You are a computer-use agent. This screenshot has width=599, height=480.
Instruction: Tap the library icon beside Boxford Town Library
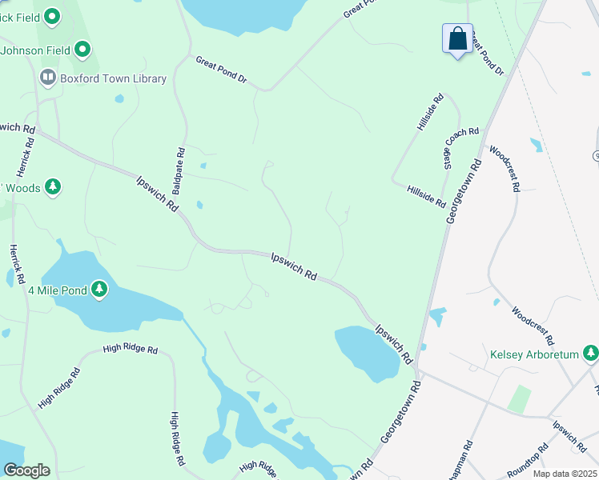(x=47, y=78)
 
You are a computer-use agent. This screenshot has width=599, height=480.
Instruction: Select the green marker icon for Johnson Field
(x=82, y=50)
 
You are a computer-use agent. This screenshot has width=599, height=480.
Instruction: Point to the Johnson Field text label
(x=36, y=50)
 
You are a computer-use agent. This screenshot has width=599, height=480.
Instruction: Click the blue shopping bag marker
(x=457, y=39)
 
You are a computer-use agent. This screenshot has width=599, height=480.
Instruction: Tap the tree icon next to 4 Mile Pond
(x=98, y=289)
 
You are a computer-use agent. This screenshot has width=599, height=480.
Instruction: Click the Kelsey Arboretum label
(x=534, y=354)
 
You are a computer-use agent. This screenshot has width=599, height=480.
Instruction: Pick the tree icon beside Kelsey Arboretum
(x=590, y=353)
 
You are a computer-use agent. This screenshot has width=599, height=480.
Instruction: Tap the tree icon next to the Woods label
(x=53, y=187)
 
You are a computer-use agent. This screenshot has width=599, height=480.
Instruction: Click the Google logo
(x=26, y=470)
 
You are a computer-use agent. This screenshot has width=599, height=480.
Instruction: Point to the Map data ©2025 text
(x=565, y=474)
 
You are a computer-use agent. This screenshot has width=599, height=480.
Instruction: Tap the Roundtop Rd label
(x=524, y=456)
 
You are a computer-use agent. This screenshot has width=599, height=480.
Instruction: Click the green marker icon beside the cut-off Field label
(x=53, y=15)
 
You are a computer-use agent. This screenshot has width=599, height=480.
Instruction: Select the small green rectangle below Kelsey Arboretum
(x=519, y=398)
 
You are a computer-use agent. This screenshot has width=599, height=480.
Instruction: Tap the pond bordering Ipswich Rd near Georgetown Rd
(x=366, y=351)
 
